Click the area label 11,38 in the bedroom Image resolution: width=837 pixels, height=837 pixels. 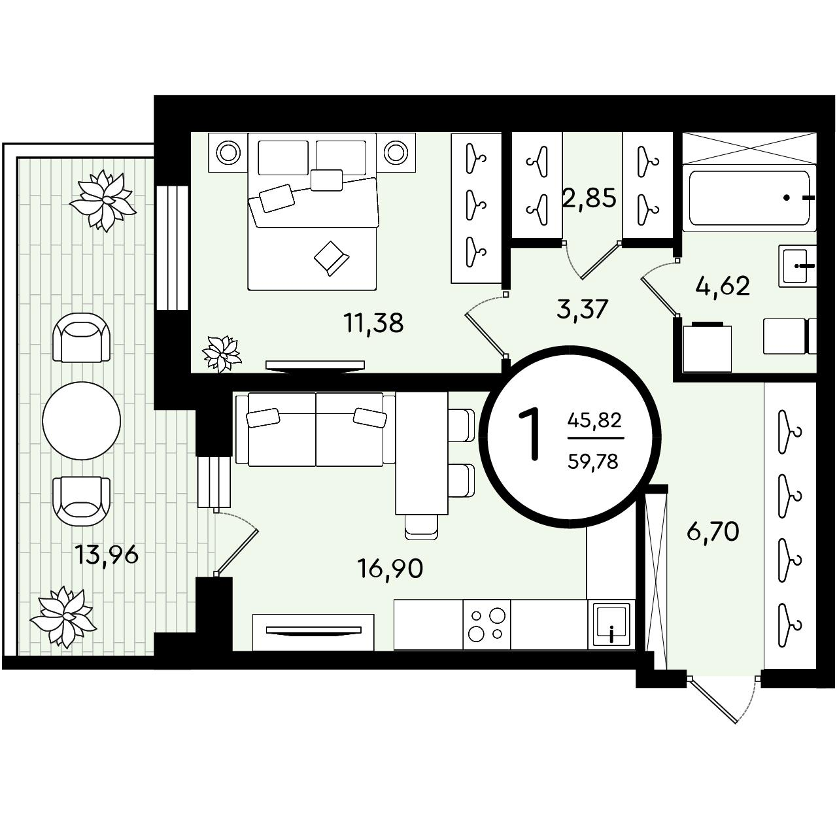click(373, 324)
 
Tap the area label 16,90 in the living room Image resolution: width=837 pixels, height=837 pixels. click(390, 568)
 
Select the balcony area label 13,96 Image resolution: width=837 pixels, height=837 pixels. click(107, 555)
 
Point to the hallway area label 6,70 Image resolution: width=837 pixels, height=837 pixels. click(713, 531)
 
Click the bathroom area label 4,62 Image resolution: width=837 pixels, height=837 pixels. click(723, 286)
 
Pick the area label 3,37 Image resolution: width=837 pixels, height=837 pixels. click(581, 309)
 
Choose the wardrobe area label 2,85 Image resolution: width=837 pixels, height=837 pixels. click(590, 197)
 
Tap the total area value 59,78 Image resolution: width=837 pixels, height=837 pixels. click(593, 461)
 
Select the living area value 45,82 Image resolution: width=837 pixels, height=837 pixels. click(594, 420)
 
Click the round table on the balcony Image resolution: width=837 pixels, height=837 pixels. click(81, 420)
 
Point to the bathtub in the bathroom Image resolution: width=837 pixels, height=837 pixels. click(749, 198)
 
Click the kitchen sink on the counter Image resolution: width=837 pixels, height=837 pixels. click(611, 625)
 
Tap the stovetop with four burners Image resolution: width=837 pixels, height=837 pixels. click(487, 625)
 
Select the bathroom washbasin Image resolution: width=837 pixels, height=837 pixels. click(798, 266)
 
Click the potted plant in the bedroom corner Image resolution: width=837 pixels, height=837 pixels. click(222, 354)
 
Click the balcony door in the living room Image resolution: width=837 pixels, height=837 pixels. click(237, 543)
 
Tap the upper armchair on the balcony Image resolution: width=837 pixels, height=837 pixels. click(81, 337)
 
